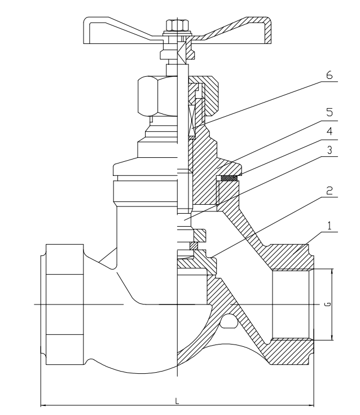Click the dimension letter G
pos(328,304)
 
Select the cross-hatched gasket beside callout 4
pos(228,178)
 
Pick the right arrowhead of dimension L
pos(311,404)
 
